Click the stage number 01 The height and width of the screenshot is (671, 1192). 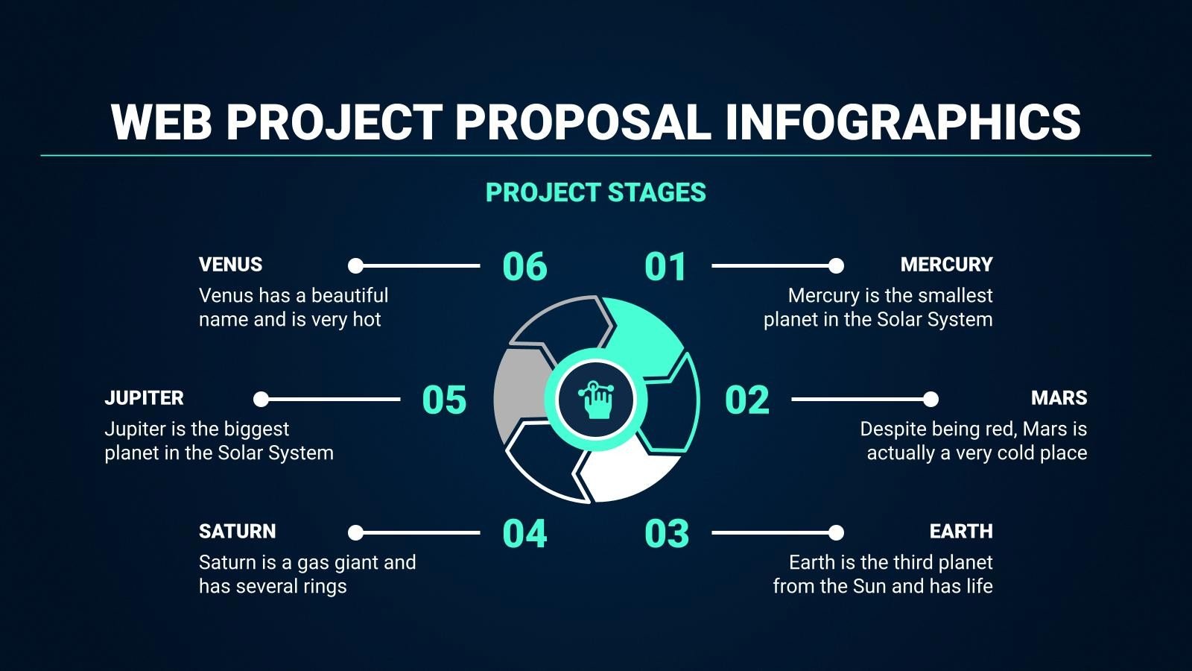point(665,267)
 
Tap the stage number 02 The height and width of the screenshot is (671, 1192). point(746,400)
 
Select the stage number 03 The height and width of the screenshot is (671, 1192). point(667,534)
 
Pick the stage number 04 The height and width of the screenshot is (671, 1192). point(524,534)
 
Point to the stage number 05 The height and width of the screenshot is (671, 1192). point(444,400)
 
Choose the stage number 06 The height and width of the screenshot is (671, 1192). point(524,267)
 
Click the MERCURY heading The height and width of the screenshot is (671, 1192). point(946,265)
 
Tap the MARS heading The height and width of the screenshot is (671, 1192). point(1059,398)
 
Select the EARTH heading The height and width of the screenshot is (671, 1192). point(960,532)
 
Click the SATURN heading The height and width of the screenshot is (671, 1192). point(237,532)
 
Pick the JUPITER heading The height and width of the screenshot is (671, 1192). point(144,398)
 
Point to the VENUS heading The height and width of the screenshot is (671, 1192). point(230,265)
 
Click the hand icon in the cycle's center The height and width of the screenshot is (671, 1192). point(596,400)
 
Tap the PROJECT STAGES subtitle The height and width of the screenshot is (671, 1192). point(595,193)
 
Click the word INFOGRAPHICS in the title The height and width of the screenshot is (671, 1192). point(902,122)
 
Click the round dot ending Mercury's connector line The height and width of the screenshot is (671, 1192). point(836,265)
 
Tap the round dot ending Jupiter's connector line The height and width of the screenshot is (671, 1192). point(261,400)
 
